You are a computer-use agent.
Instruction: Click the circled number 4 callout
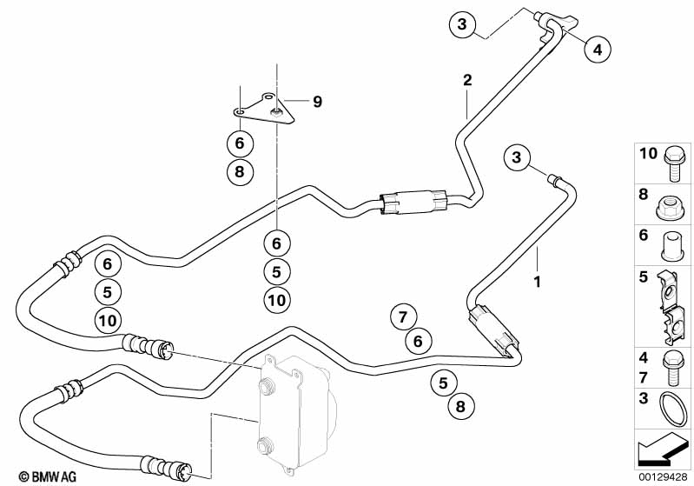pos(596,50)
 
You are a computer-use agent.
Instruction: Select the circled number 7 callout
pos(402,316)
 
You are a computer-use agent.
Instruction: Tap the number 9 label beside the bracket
pos(294,102)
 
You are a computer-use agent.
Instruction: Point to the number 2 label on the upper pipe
pos(467,80)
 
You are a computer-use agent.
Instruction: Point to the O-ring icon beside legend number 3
pos(671,408)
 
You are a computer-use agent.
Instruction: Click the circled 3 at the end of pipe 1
pos(517,157)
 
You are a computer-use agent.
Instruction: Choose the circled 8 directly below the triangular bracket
pos(240,171)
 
